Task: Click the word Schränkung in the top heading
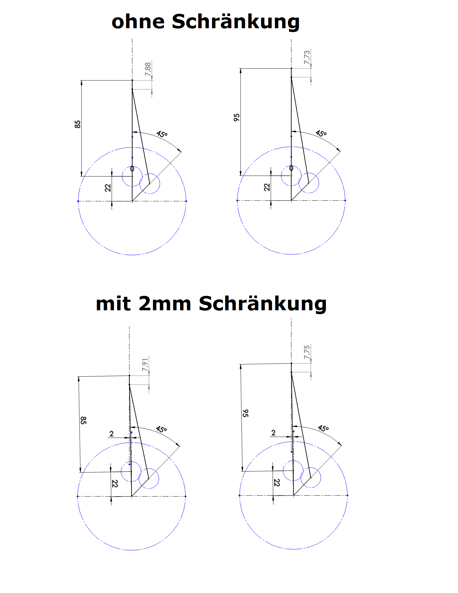click(236, 22)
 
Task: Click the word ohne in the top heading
click(138, 22)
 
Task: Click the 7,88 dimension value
click(148, 69)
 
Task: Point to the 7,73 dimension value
click(307, 57)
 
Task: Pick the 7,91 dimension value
click(145, 364)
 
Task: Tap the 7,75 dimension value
click(307, 352)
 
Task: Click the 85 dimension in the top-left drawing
click(78, 124)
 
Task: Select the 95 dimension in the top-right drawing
click(237, 117)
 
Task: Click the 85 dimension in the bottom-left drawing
click(83, 420)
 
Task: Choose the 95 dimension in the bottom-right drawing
click(245, 413)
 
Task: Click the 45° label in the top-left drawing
click(162, 134)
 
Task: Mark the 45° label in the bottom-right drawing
click(323, 428)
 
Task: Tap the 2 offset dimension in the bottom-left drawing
click(112, 434)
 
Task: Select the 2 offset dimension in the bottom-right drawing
click(273, 433)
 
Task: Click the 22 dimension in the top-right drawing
click(267, 187)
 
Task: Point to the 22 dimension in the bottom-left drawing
click(115, 483)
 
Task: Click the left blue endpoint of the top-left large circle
click(78, 201)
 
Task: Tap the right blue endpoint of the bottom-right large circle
click(348, 495)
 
